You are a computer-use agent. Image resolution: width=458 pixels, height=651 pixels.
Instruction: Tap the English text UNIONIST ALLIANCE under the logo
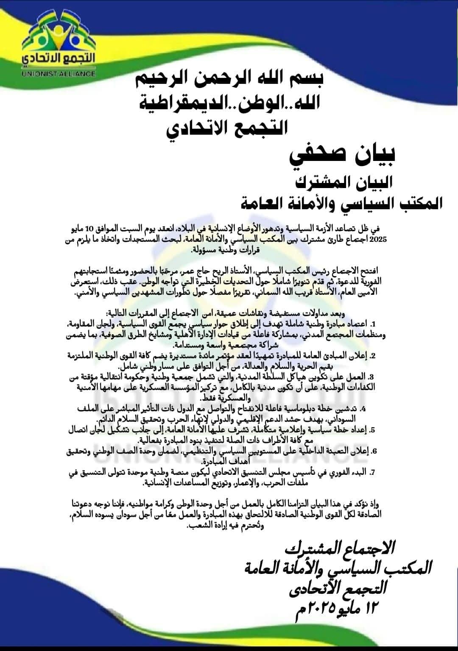point(59,73)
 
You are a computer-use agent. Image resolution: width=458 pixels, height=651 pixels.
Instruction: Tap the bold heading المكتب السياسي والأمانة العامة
point(341,203)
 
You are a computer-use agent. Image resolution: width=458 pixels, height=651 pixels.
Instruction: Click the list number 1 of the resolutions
point(373,324)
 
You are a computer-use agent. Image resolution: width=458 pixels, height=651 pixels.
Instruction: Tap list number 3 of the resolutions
point(371,377)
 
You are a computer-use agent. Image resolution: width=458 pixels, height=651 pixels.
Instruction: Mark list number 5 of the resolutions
point(372,430)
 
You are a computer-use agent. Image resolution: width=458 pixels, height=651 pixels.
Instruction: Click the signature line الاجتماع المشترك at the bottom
point(339,548)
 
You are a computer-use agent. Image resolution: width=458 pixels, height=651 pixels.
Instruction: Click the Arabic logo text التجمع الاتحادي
point(59,59)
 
